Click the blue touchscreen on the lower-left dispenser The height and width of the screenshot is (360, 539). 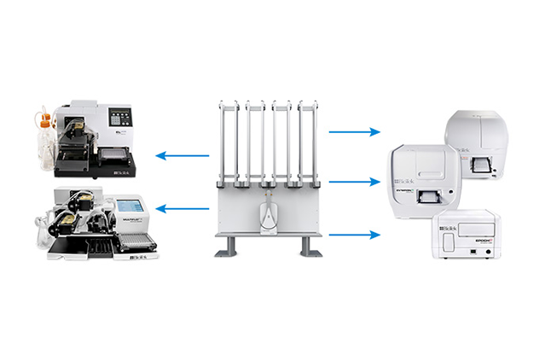[x=130, y=206]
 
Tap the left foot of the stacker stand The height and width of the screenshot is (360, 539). [x=227, y=247]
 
